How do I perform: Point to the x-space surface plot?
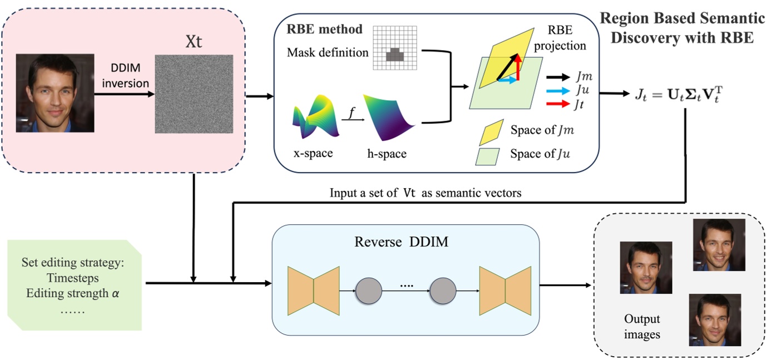(x=315, y=117)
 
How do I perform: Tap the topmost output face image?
(x=719, y=245)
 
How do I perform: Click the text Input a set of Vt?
(x=369, y=193)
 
